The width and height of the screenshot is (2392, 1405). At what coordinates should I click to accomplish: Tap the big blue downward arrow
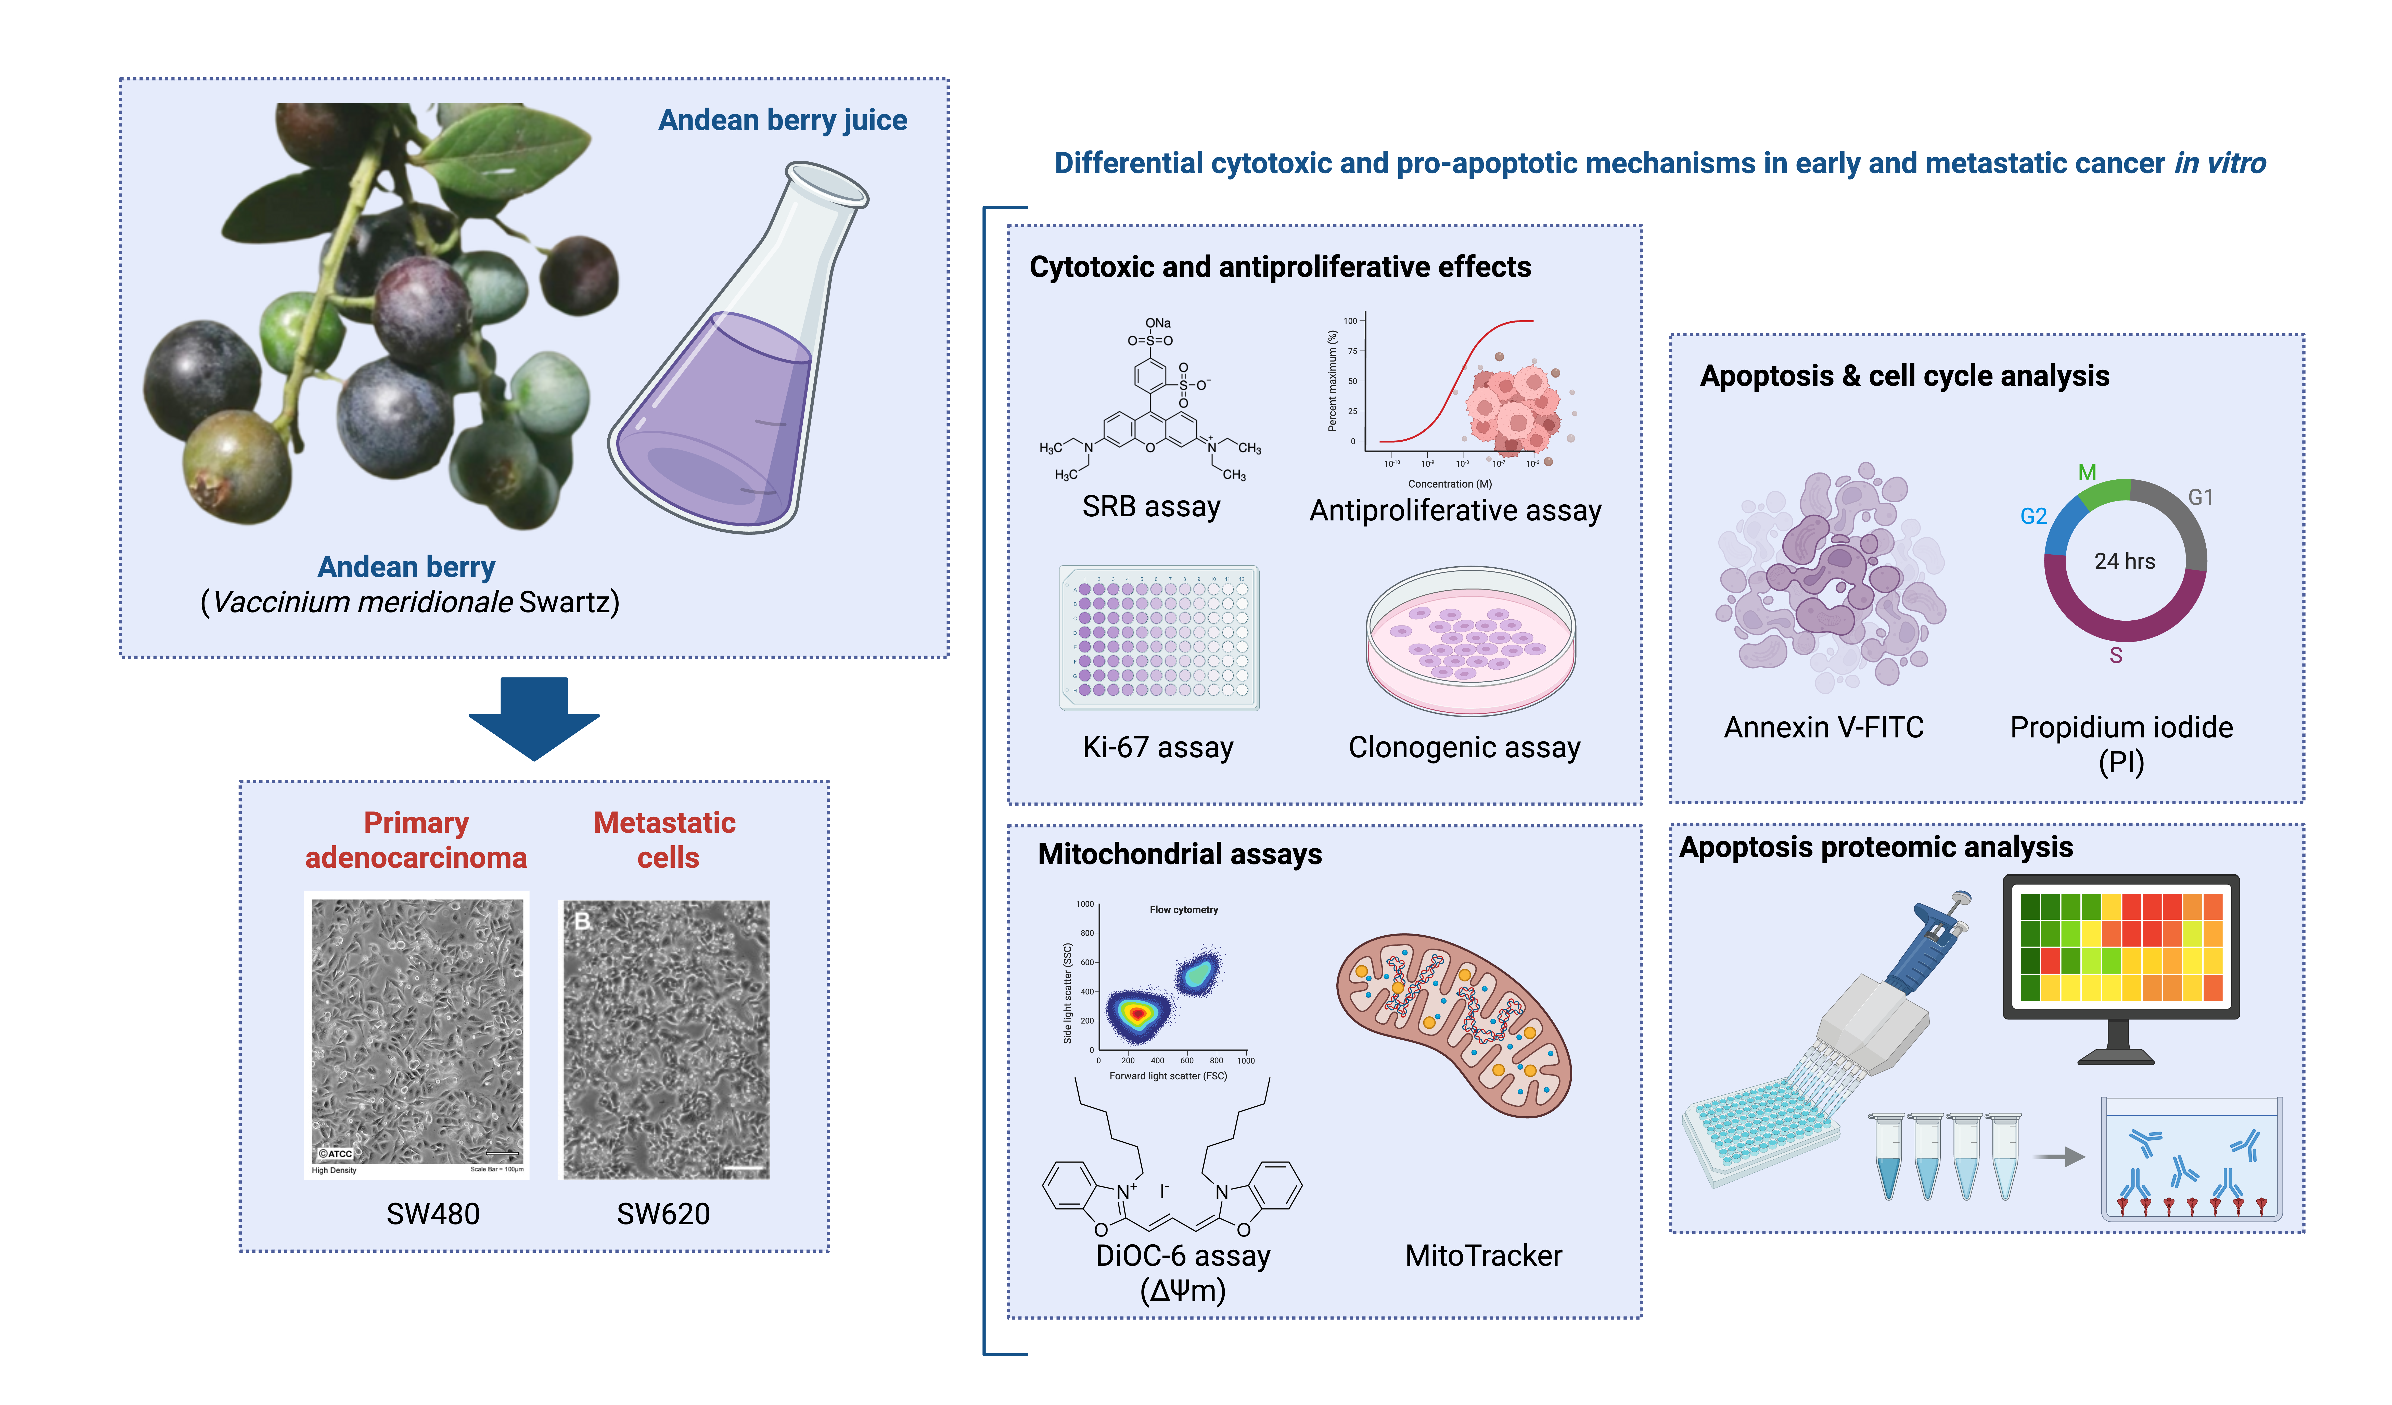(x=534, y=719)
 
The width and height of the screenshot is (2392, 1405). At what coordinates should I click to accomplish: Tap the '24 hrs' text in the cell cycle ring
(x=2124, y=561)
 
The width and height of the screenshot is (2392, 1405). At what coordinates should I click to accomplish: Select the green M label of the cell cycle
(x=2086, y=472)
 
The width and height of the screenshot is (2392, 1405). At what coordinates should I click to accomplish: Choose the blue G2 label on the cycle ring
(x=2033, y=516)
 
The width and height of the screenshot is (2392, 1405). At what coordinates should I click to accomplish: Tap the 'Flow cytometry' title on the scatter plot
(x=1184, y=910)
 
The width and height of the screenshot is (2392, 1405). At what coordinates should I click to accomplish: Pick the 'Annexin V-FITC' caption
(x=1823, y=727)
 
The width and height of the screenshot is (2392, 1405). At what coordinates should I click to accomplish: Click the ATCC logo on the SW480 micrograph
(x=335, y=1153)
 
